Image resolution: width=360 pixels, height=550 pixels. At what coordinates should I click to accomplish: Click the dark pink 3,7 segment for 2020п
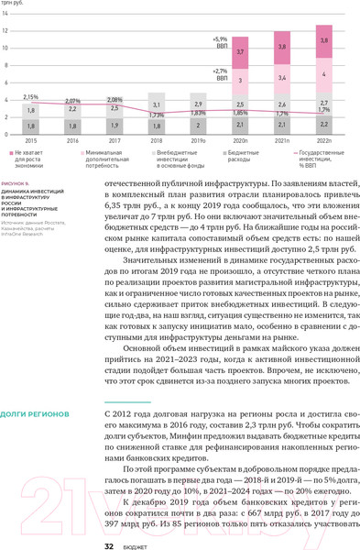click(x=240, y=52)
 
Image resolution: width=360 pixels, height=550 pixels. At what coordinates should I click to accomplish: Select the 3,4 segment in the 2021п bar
click(x=282, y=78)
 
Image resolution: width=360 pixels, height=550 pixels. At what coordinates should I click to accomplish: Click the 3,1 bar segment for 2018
click(x=157, y=105)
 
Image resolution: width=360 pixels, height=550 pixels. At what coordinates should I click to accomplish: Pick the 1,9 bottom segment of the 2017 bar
click(x=115, y=126)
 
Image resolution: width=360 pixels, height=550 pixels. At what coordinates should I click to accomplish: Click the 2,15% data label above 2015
click(x=31, y=96)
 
